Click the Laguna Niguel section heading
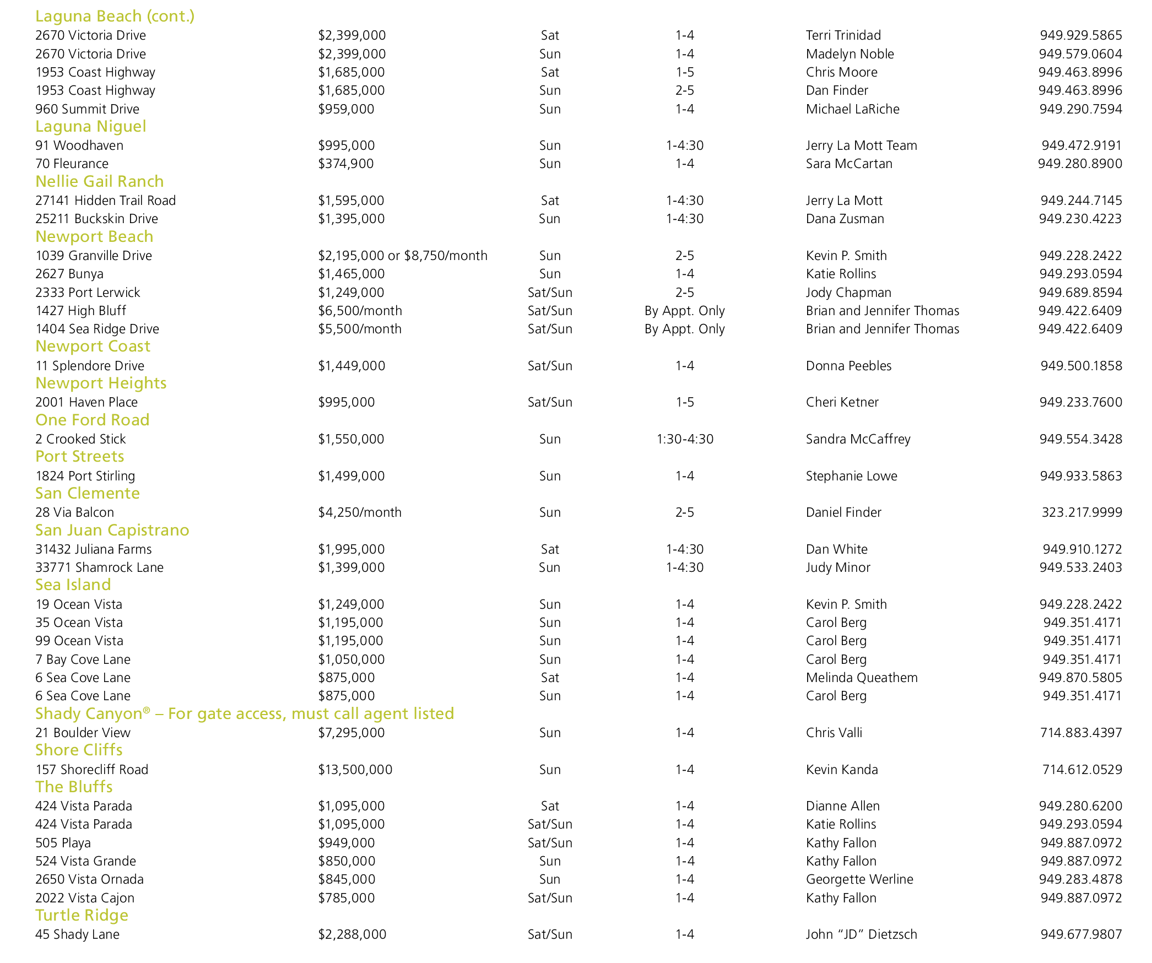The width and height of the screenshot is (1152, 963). [x=90, y=127]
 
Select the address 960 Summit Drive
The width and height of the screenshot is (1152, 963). [x=87, y=109]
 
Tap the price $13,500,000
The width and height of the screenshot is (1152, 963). [x=355, y=770]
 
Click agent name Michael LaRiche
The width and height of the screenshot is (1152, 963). [x=852, y=109]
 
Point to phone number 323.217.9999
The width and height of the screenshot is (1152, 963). [x=1081, y=512]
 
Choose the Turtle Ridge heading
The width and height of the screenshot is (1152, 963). [x=82, y=916]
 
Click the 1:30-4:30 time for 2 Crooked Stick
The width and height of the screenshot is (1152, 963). [x=685, y=439]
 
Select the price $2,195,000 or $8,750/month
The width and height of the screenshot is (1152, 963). [x=402, y=256]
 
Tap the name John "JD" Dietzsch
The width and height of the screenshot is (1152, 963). [x=861, y=934]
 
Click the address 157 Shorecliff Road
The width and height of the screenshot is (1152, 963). [x=91, y=770]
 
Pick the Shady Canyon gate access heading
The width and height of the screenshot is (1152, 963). [x=244, y=714]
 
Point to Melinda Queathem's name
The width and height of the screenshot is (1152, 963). [x=862, y=678]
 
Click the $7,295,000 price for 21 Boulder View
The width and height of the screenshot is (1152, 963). [x=351, y=733]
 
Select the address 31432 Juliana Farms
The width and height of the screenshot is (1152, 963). [x=93, y=549]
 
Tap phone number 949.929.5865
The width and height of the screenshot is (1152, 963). [x=1081, y=35]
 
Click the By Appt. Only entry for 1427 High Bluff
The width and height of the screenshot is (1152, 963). [x=684, y=311]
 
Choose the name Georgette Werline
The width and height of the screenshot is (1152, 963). [x=859, y=879]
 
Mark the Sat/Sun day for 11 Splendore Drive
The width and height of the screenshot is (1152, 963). [x=550, y=366]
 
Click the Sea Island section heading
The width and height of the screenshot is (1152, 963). [x=73, y=585]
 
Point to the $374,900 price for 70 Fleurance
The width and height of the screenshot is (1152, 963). [x=345, y=164]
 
